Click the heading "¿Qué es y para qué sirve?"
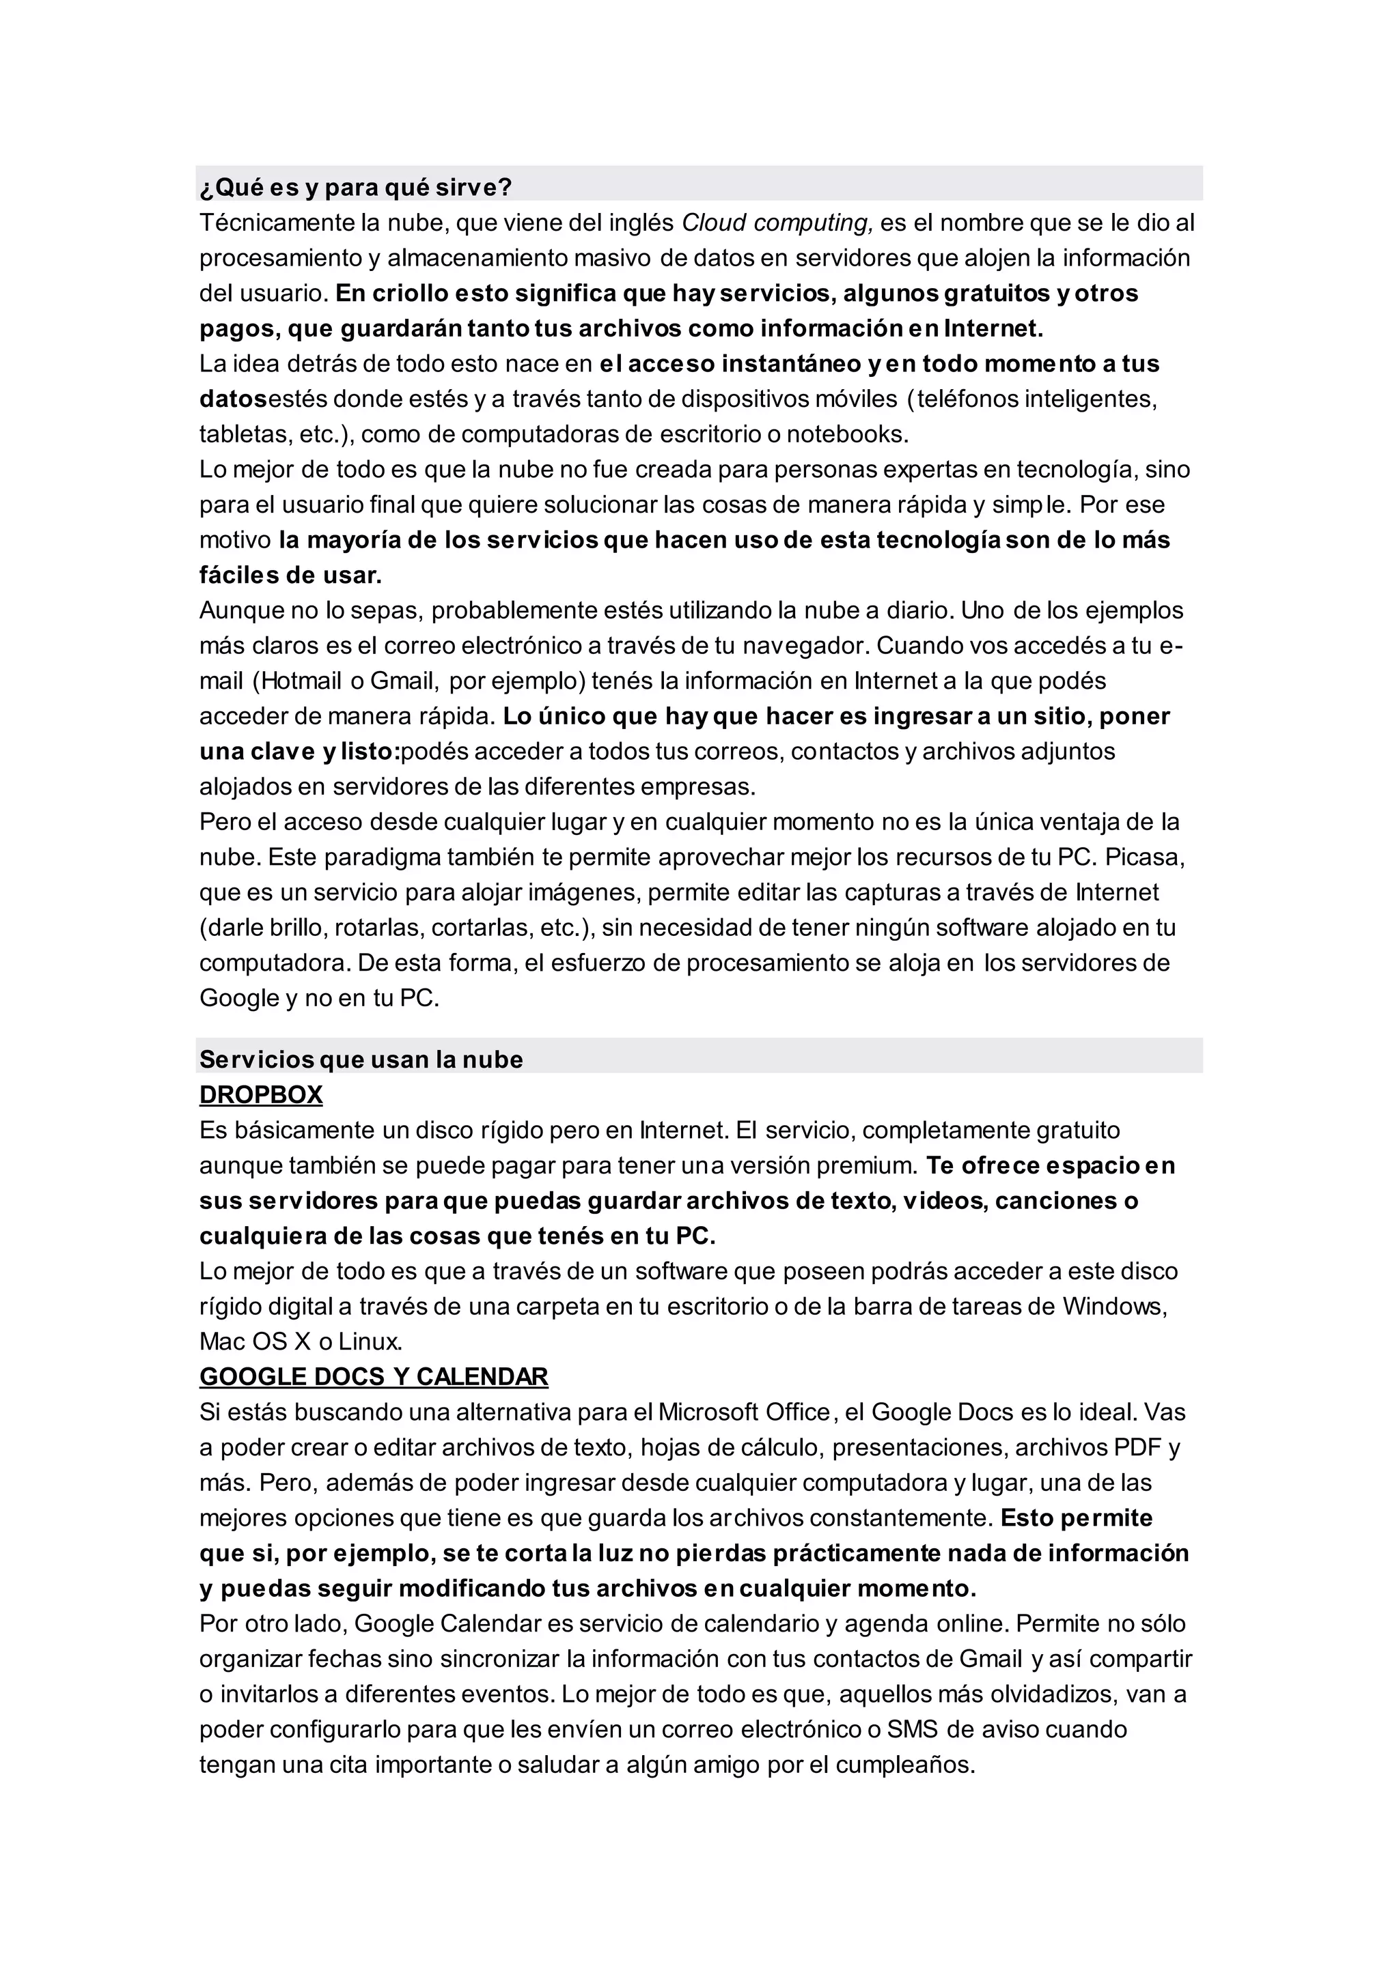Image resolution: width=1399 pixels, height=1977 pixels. (356, 187)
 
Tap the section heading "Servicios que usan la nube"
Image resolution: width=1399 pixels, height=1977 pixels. (361, 1059)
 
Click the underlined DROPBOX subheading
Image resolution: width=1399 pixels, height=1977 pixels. (261, 1094)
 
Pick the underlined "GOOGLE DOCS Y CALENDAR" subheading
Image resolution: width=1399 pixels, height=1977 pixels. (374, 1377)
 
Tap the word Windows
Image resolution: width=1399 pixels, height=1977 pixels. (1114, 1306)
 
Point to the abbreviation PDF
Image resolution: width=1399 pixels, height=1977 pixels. (1138, 1447)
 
